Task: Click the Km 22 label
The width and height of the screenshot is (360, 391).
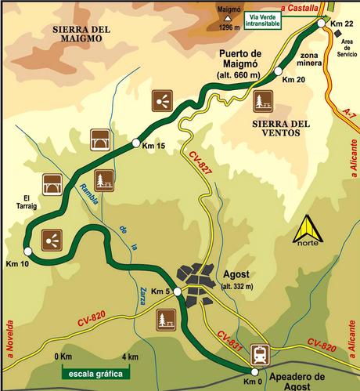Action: coord(342,26)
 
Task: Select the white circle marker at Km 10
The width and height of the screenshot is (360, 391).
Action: coord(27,251)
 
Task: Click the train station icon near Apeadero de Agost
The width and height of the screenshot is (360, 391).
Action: coord(259,353)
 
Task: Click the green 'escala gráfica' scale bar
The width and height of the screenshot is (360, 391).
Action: coord(92,374)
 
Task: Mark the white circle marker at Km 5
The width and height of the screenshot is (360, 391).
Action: coord(178,291)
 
